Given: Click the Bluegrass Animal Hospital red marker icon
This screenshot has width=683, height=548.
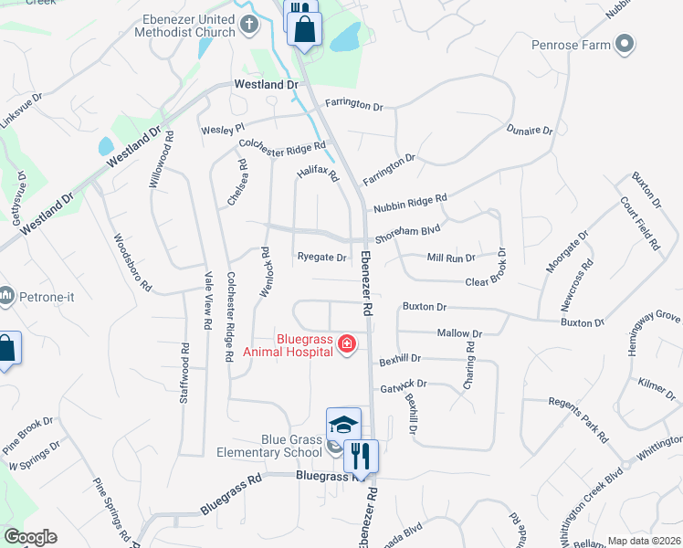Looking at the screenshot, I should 347,344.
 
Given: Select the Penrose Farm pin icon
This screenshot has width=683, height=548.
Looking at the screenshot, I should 625,43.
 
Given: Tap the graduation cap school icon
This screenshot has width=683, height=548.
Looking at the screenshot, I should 343,425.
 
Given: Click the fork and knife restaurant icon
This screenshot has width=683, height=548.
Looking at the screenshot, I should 361,454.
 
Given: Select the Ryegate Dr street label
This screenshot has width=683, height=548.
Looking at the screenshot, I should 321,258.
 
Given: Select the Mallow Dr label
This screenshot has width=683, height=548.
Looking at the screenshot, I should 459,334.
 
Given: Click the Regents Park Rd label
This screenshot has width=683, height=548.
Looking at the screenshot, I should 578,419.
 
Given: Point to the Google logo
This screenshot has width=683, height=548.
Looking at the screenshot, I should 30,537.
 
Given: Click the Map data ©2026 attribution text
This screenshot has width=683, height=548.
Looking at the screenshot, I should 644,541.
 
